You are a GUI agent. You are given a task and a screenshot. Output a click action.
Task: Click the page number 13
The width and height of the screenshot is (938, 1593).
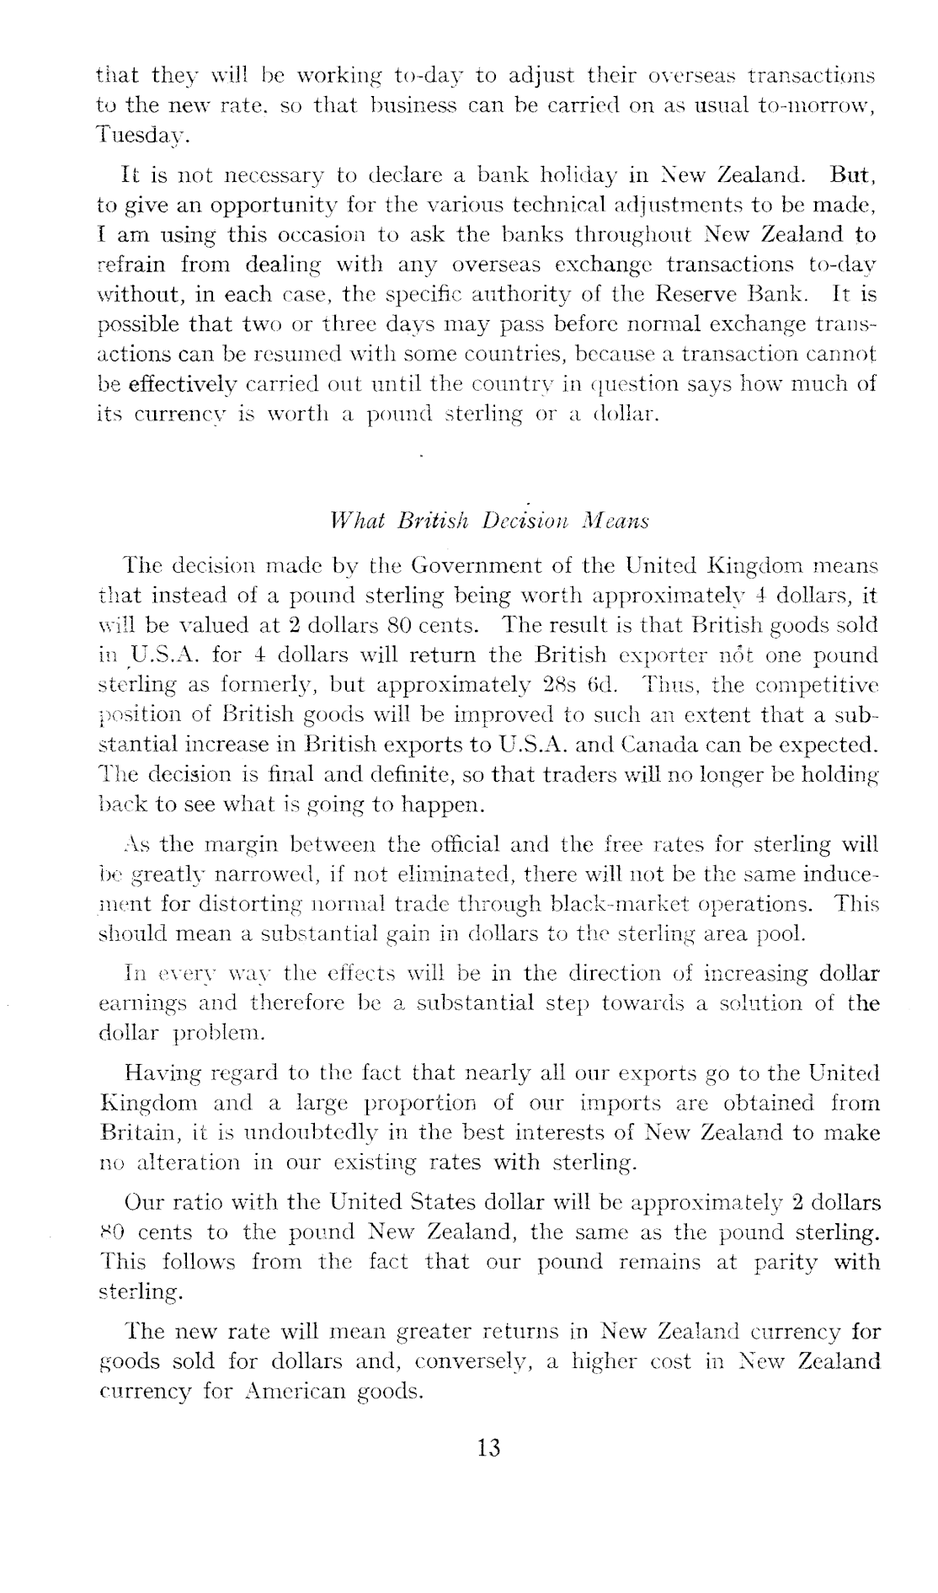tap(488, 1448)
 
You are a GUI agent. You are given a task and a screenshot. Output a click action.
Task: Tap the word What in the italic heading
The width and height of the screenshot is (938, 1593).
tap(358, 521)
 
